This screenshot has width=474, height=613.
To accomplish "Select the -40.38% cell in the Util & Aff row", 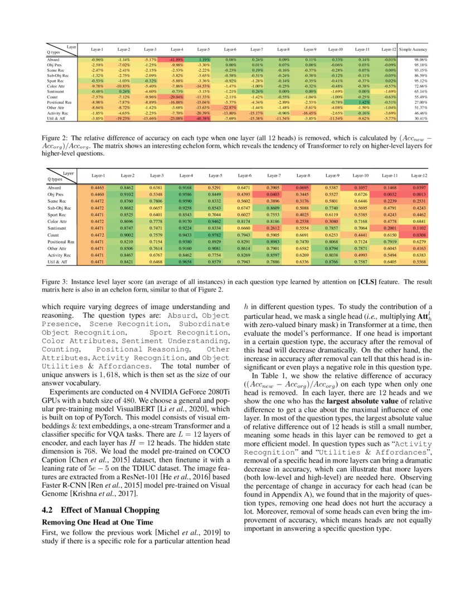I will coord(203,119).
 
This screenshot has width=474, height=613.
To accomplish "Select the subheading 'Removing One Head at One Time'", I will coord(97,523).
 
